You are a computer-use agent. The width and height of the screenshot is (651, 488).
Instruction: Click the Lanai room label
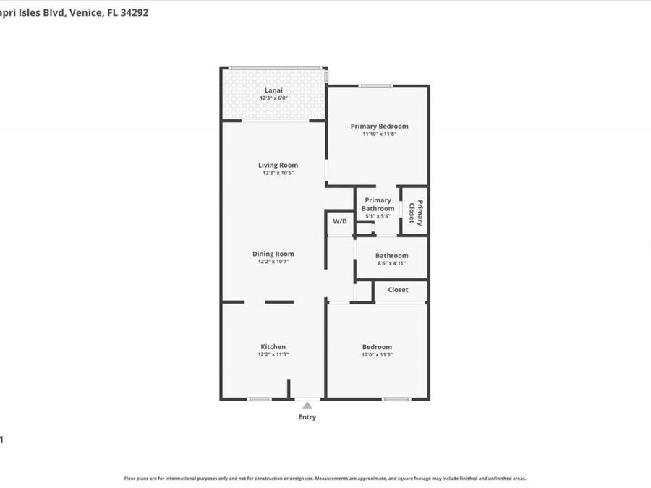[x=273, y=90]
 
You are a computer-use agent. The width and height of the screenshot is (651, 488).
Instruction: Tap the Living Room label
[x=278, y=165]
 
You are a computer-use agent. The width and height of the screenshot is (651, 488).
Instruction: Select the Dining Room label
[x=273, y=254]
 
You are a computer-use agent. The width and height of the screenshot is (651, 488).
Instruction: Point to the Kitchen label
[x=273, y=346]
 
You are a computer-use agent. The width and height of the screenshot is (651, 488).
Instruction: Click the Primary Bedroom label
[x=380, y=126]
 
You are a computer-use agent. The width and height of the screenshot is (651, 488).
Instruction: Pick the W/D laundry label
[x=340, y=221]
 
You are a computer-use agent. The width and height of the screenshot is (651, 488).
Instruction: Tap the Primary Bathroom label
[x=378, y=204]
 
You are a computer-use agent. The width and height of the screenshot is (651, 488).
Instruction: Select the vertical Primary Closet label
[x=416, y=213]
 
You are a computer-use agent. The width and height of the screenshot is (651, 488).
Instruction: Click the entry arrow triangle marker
[x=307, y=406]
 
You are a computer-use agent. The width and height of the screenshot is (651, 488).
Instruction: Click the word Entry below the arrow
[x=307, y=417]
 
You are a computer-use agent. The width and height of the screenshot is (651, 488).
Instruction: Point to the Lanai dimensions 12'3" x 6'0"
[x=273, y=98]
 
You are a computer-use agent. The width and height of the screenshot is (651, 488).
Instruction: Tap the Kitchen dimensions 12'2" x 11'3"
[x=273, y=355]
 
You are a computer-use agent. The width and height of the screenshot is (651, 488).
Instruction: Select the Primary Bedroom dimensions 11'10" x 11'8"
[x=380, y=134]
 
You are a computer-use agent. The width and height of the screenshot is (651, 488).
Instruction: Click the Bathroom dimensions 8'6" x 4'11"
[x=391, y=263]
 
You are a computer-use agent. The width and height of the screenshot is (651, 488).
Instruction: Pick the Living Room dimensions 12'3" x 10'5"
[x=278, y=173]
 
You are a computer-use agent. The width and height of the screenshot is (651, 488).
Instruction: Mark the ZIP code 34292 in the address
[x=134, y=13]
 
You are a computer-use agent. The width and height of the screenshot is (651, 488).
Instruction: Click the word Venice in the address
[x=86, y=13]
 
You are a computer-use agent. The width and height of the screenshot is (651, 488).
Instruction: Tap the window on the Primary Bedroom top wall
[x=375, y=86]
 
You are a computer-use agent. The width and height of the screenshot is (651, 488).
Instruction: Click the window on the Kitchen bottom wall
[x=260, y=399]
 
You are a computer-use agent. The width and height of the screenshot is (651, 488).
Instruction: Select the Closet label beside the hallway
[x=398, y=290]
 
